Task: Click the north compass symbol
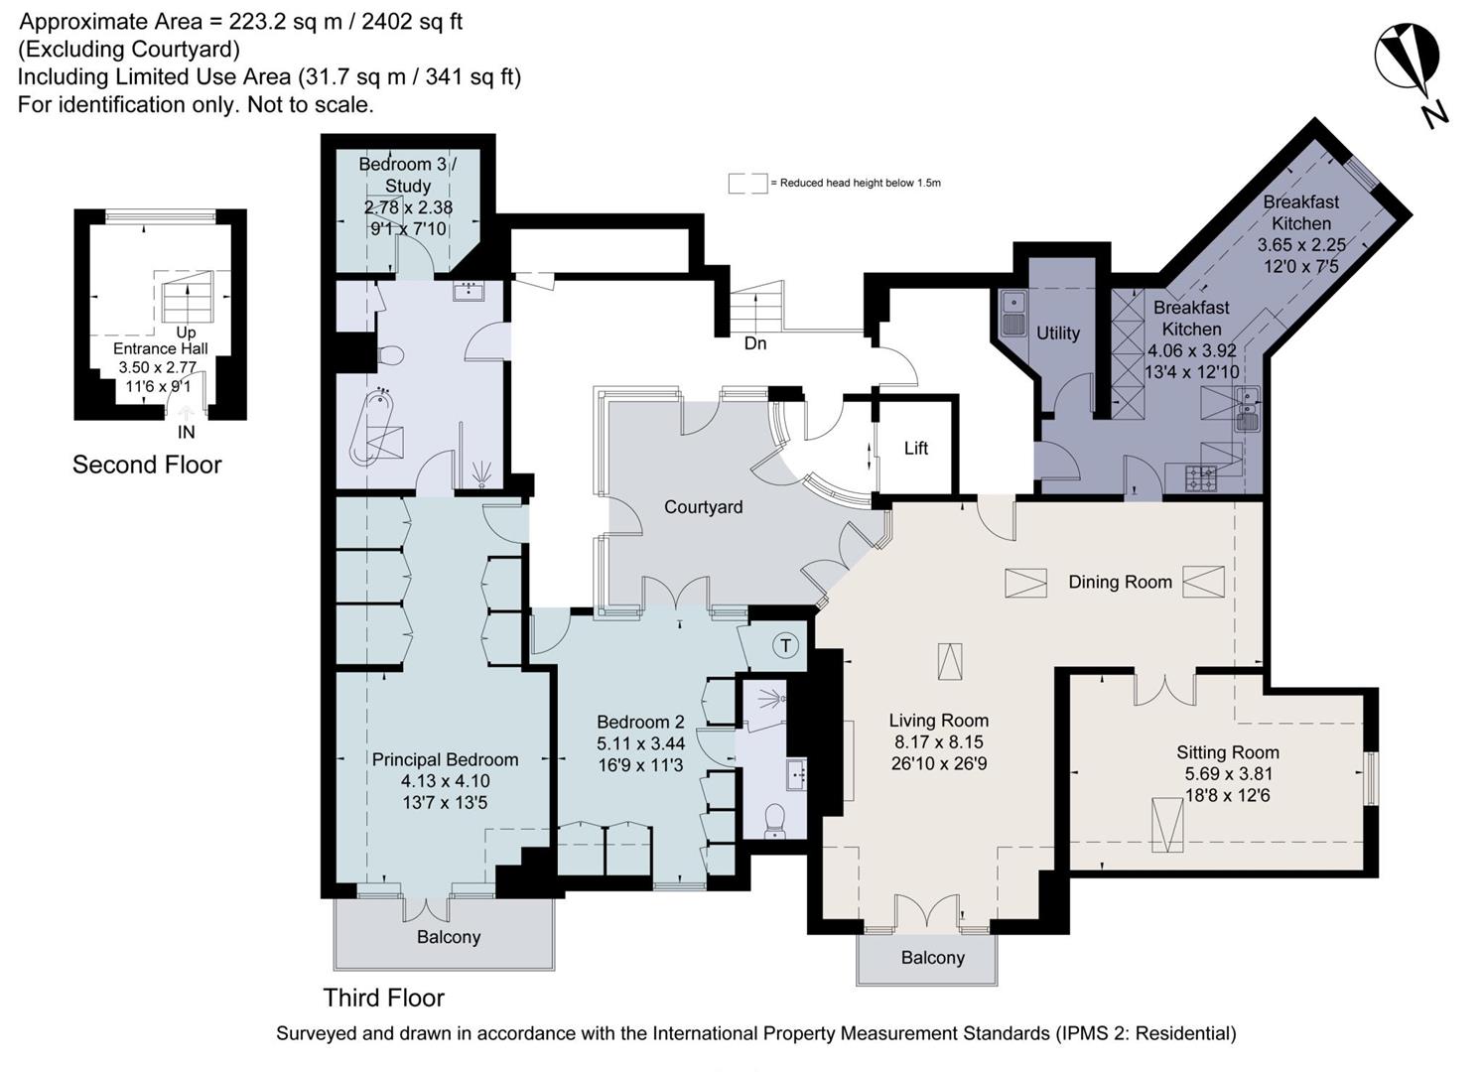tap(1408, 60)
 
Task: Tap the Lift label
tap(915, 449)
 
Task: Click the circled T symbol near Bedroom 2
tap(785, 646)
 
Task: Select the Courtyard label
tap(703, 507)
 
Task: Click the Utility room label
tap(1057, 334)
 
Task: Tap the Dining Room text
tap(1120, 583)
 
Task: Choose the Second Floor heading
tap(147, 465)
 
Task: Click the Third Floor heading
tap(383, 998)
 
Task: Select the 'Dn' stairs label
tap(755, 343)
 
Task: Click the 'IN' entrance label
tap(186, 432)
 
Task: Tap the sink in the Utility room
tap(1011, 313)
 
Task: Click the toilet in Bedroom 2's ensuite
tap(774, 820)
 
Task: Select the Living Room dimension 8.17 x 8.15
tap(938, 742)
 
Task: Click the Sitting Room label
tap(1227, 752)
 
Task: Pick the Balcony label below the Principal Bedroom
tap(449, 937)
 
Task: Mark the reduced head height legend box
tap(747, 184)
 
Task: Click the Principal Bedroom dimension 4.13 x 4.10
tap(445, 781)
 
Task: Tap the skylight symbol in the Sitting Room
tap(1166, 825)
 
